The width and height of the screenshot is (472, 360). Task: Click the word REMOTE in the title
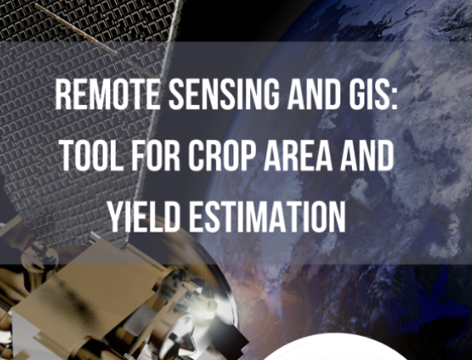pos(107,94)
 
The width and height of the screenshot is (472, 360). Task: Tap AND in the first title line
pos(315,94)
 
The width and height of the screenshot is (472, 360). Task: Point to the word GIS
pos(366,94)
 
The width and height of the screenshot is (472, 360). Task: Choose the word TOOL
pos(93,156)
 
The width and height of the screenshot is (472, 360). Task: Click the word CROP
pos(222,156)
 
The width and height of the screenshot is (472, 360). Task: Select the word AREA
pos(297,156)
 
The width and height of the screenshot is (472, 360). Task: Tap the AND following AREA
pos(367,156)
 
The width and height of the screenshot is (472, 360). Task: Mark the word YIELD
pos(143,217)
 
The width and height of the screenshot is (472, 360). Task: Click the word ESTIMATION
pos(267,217)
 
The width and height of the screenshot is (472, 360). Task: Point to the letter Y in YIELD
pos(116,217)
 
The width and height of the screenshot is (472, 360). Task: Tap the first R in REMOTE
pos(64,94)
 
